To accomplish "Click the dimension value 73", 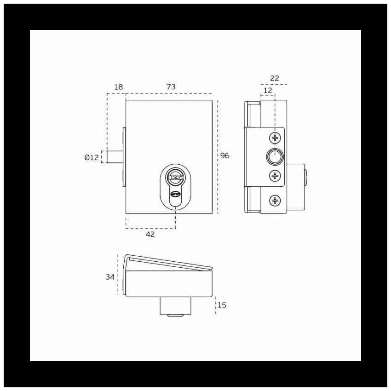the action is point(171,87).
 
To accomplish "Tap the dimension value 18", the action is point(118,87).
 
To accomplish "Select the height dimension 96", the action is point(224,155).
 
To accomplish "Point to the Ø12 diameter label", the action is point(92,157).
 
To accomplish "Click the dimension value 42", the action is point(150,235).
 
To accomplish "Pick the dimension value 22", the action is point(275,78).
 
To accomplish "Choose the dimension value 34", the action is point(110,277).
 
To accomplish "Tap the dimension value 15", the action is point(222,305).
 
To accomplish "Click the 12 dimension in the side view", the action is point(268,90).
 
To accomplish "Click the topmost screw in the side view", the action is point(275,138).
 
